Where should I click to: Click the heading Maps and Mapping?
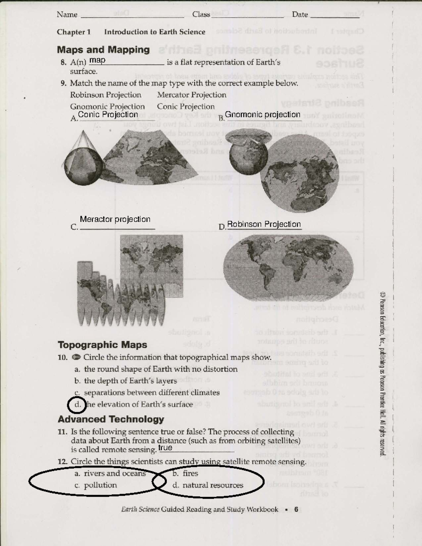(103, 50)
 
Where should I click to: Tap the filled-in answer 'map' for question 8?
(97, 60)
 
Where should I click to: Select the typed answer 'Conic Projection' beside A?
(108, 114)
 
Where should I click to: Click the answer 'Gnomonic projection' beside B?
(262, 115)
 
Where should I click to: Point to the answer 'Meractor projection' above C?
(115, 219)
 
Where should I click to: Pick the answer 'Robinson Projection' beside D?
(264, 224)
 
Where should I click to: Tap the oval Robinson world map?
(288, 268)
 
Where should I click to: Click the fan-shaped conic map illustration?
(148, 156)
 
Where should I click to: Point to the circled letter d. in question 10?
(77, 405)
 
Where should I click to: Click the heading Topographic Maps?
(102, 345)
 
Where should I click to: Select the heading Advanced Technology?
(111, 419)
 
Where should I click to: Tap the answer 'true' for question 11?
(165, 448)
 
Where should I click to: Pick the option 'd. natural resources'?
(208, 486)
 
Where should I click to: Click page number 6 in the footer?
(296, 509)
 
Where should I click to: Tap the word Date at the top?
(300, 15)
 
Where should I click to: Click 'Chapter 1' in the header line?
(74, 32)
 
